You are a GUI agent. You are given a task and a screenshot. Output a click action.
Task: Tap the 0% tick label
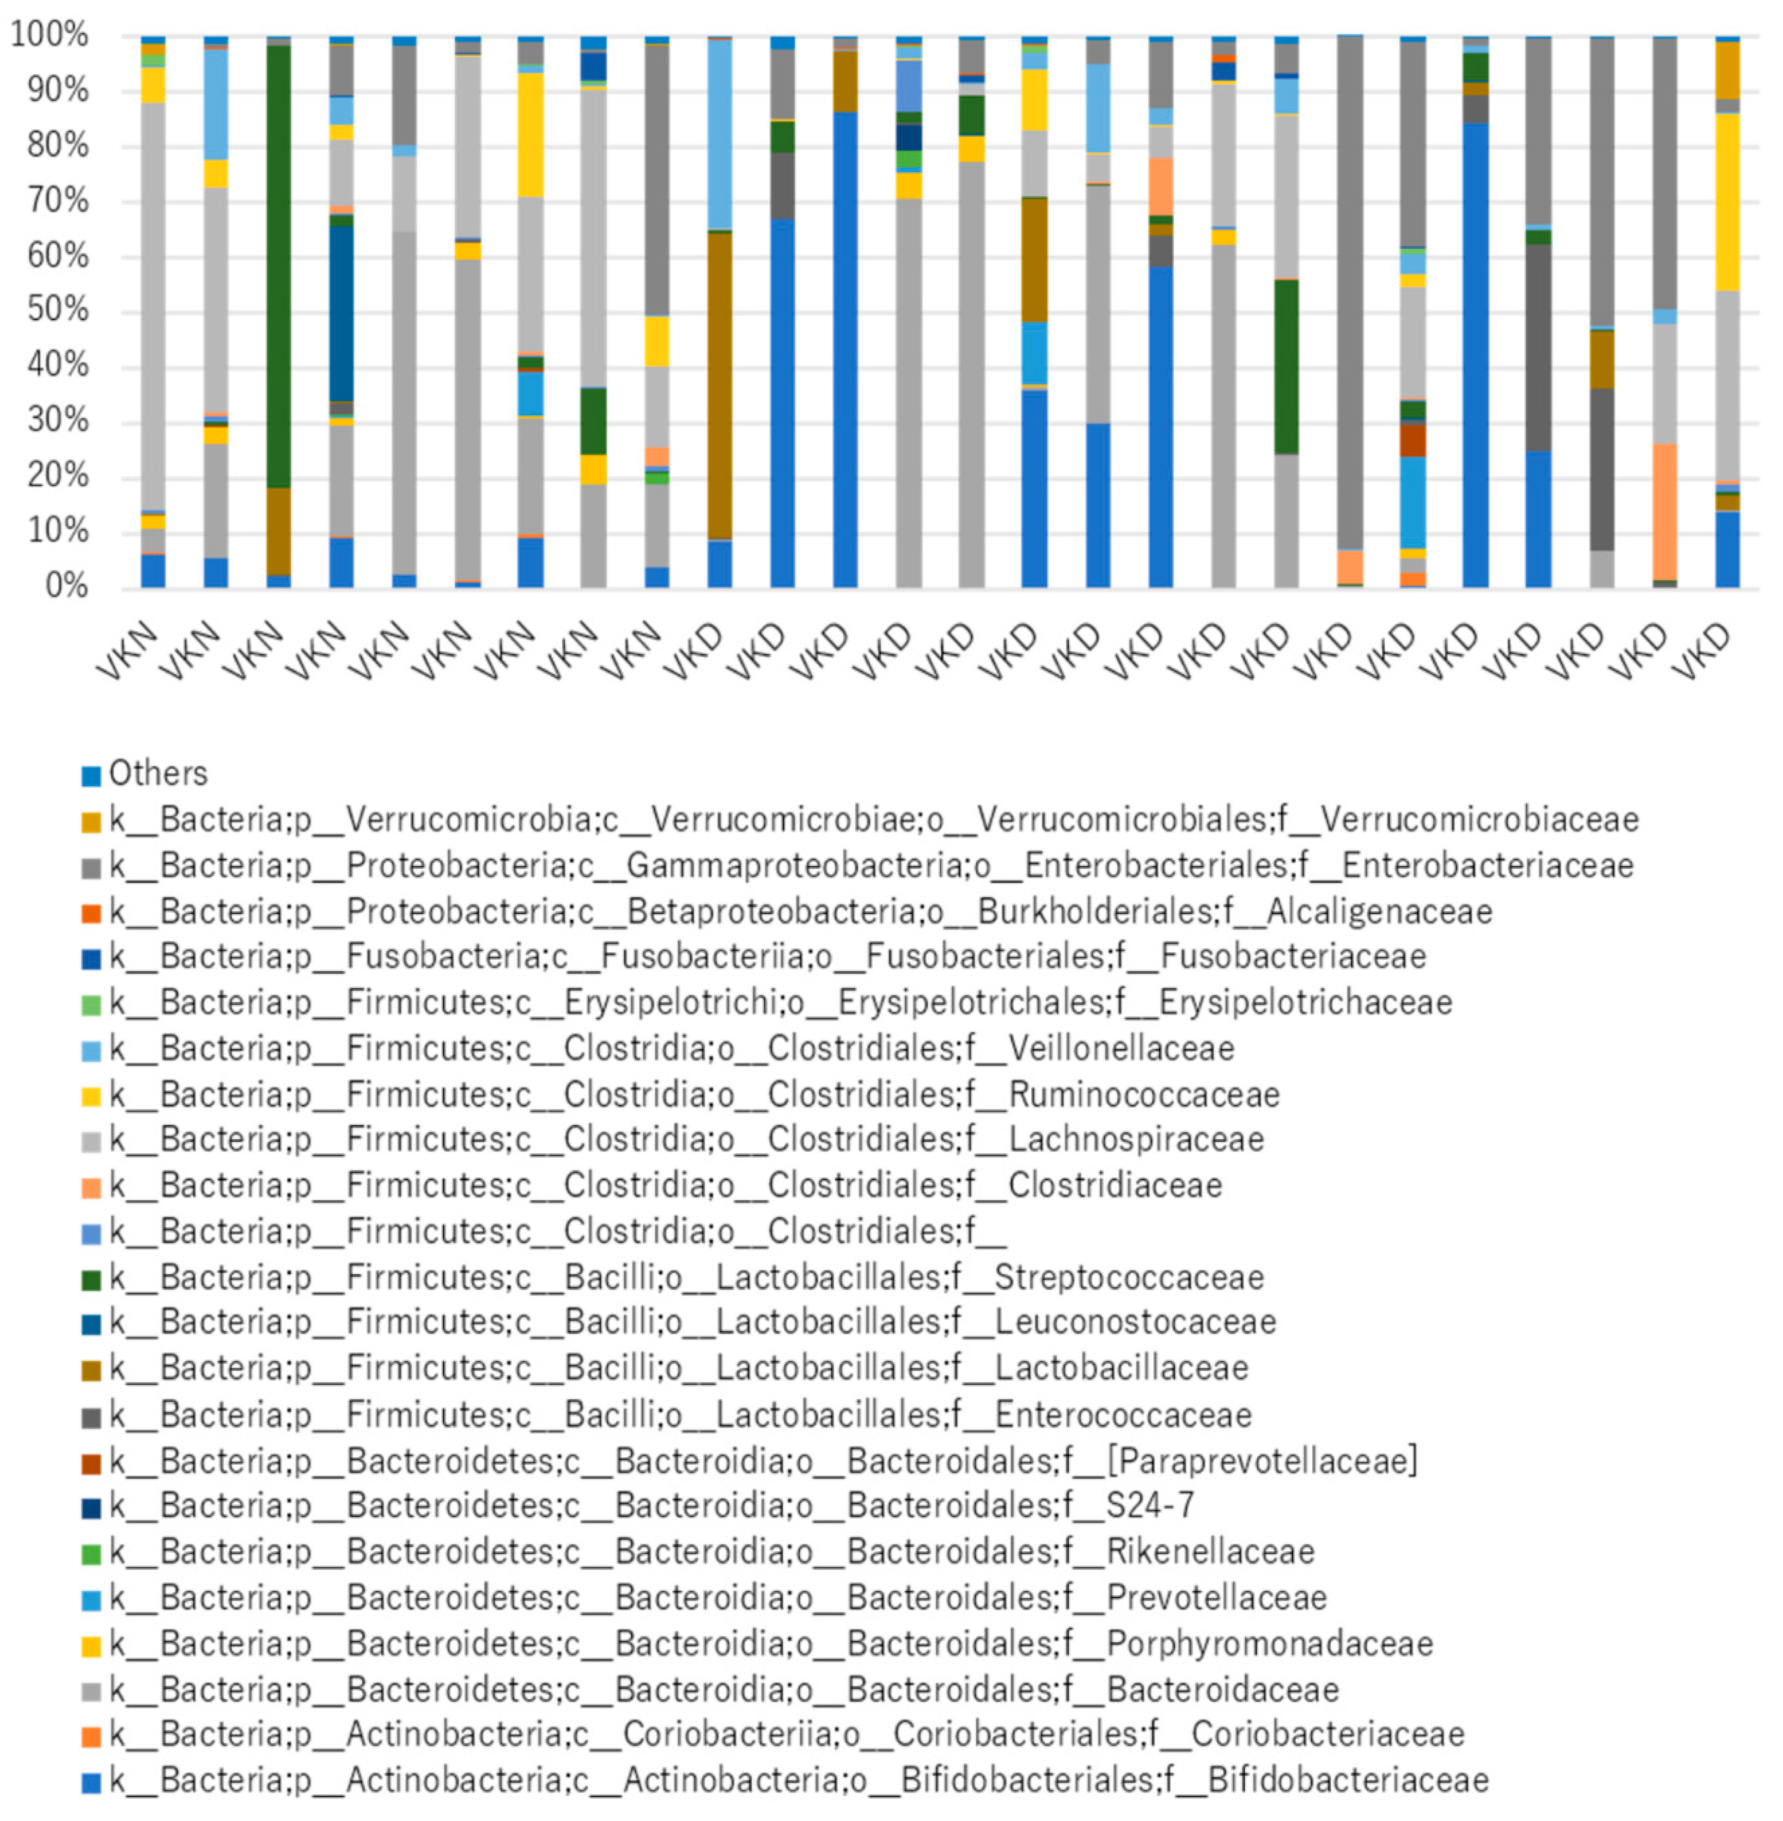pos(66,586)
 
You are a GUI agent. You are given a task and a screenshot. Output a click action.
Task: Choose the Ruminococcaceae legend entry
pos(693,1094)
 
